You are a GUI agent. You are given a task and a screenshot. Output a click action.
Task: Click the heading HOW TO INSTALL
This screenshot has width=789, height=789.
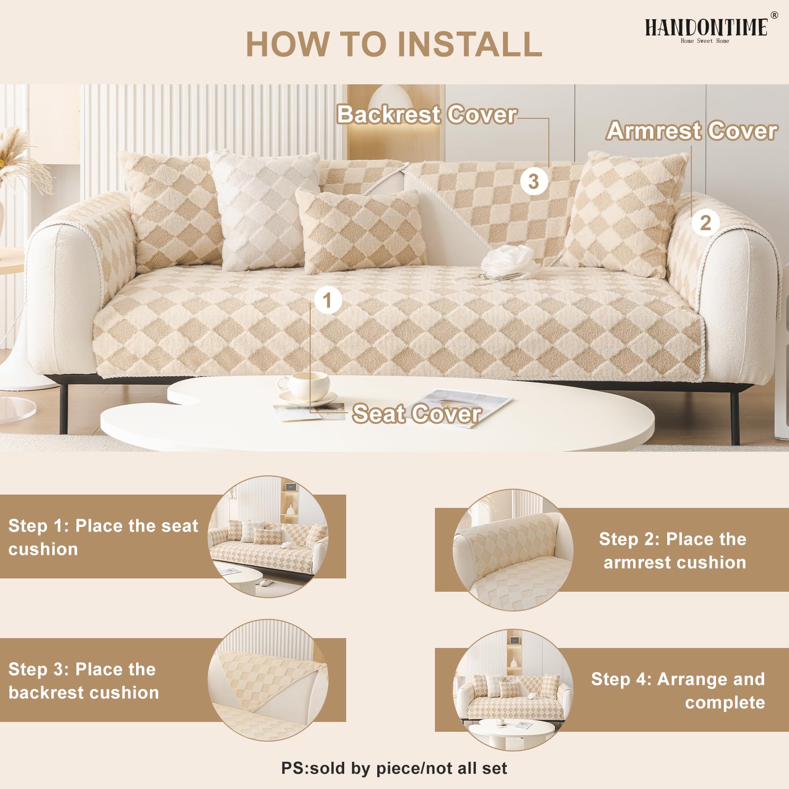[x=394, y=44]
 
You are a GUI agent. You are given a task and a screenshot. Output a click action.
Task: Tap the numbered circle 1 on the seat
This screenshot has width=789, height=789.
[x=327, y=300]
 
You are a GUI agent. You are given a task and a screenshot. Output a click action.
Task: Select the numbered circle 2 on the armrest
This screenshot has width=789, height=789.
[x=706, y=223]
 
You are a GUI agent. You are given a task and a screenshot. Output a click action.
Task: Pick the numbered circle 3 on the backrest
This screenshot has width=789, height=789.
[x=534, y=181]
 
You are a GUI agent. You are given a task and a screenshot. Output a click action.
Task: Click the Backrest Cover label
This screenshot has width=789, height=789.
[x=427, y=114]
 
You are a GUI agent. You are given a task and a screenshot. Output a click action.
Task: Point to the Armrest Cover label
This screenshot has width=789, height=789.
[x=692, y=131]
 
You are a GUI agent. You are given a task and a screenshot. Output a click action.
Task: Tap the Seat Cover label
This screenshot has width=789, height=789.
[x=417, y=413]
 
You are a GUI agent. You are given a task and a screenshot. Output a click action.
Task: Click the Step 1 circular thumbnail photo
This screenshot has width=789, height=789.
[x=268, y=536]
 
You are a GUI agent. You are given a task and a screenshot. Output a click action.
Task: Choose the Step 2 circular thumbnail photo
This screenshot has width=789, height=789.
[x=513, y=550]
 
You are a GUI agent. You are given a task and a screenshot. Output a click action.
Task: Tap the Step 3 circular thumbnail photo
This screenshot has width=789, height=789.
[x=268, y=680]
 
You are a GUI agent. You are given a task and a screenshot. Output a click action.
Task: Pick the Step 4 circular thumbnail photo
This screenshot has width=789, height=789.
[x=513, y=690]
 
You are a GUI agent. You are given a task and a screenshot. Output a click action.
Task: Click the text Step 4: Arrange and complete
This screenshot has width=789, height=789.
[x=678, y=690]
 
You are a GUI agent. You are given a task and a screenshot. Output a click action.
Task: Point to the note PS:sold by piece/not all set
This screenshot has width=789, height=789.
[x=394, y=768]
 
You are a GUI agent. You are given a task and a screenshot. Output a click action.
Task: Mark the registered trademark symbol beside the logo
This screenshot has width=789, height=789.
[x=774, y=15]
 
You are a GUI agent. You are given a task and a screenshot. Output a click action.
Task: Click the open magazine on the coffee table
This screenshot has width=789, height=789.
[x=461, y=407]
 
